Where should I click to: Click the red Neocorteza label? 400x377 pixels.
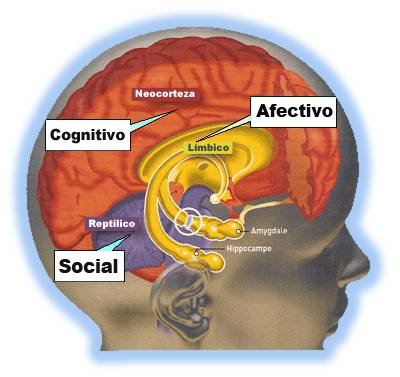click(x=166, y=95)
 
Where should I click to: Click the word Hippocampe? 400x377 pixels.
click(x=279, y=248)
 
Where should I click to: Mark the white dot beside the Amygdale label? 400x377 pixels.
click(x=240, y=231)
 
